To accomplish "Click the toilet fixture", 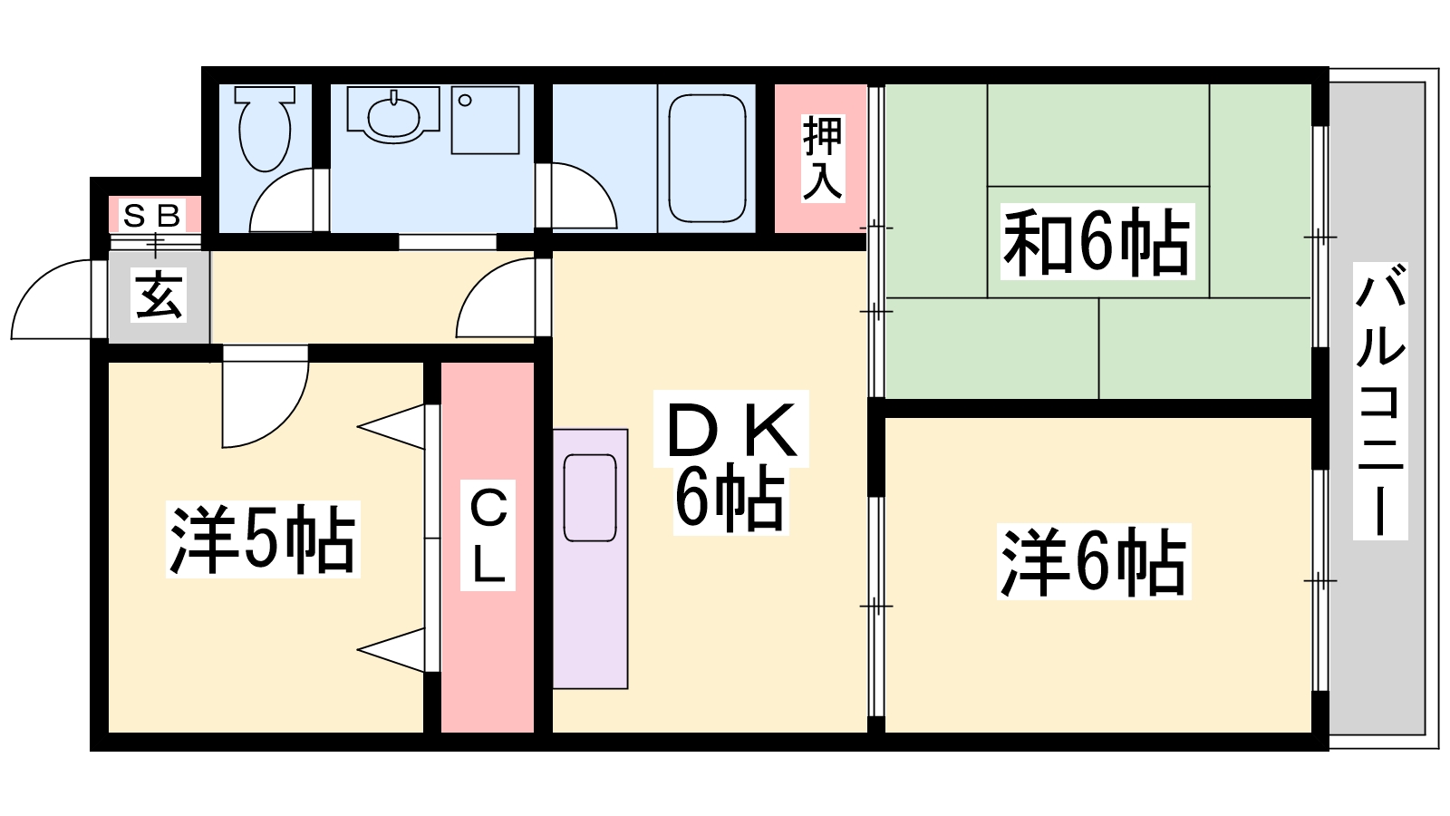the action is coord(264,129).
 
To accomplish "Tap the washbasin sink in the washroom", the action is coord(393,116).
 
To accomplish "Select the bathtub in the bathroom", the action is coord(707,158).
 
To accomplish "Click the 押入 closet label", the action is coord(822,158).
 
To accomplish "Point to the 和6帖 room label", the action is coord(1097,241).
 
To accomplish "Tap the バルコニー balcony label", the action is coord(1380,402).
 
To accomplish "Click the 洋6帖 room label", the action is coord(1093,561).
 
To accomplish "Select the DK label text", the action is coord(730,429).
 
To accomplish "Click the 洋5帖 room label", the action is coord(263,539).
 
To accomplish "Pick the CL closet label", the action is coord(488,535).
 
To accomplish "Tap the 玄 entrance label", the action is coord(159,295).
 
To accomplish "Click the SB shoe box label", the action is coord(151,216).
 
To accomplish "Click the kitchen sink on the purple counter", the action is coord(590,498).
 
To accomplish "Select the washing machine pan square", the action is coord(485,121).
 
